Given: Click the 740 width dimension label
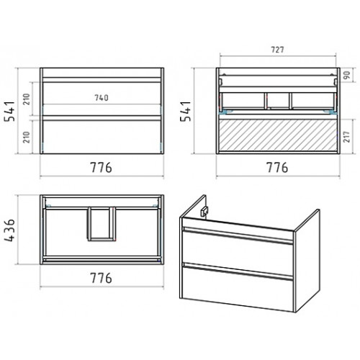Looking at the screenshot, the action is pyautogui.click(x=102, y=98).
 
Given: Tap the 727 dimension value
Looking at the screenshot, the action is pyautogui.click(x=277, y=50).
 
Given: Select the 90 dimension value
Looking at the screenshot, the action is pyautogui.click(x=347, y=75).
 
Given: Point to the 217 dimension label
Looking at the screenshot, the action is pyautogui.click(x=346, y=137).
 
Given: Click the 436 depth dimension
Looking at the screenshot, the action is pyautogui.click(x=10, y=230).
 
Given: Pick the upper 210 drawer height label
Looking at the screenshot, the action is pyautogui.click(x=27, y=99).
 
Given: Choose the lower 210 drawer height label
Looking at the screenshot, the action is pyautogui.click(x=27, y=137).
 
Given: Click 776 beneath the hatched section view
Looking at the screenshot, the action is pyautogui.click(x=277, y=167).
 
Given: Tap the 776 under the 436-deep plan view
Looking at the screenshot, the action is pyautogui.click(x=101, y=278).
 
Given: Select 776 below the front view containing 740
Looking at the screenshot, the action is pyautogui.click(x=101, y=167).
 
